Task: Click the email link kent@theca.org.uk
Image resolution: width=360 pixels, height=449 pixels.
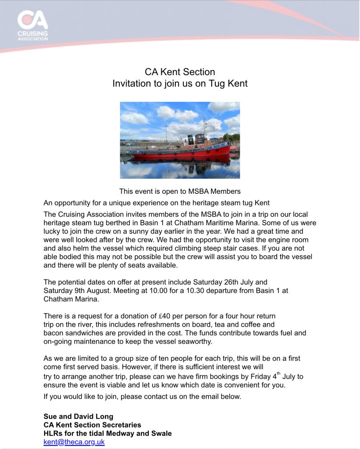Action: (74, 442)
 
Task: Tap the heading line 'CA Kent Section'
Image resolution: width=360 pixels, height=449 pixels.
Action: (180, 72)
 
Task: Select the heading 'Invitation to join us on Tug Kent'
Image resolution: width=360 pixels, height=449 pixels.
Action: (180, 83)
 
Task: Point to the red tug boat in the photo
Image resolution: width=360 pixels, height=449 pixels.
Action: (180, 150)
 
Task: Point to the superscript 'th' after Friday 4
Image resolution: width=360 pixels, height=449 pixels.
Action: (278, 374)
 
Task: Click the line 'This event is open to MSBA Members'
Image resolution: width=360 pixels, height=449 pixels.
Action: (180, 191)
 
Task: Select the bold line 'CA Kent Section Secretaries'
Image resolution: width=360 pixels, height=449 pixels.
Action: (93, 425)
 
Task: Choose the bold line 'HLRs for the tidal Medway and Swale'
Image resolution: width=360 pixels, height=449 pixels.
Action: (107, 433)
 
